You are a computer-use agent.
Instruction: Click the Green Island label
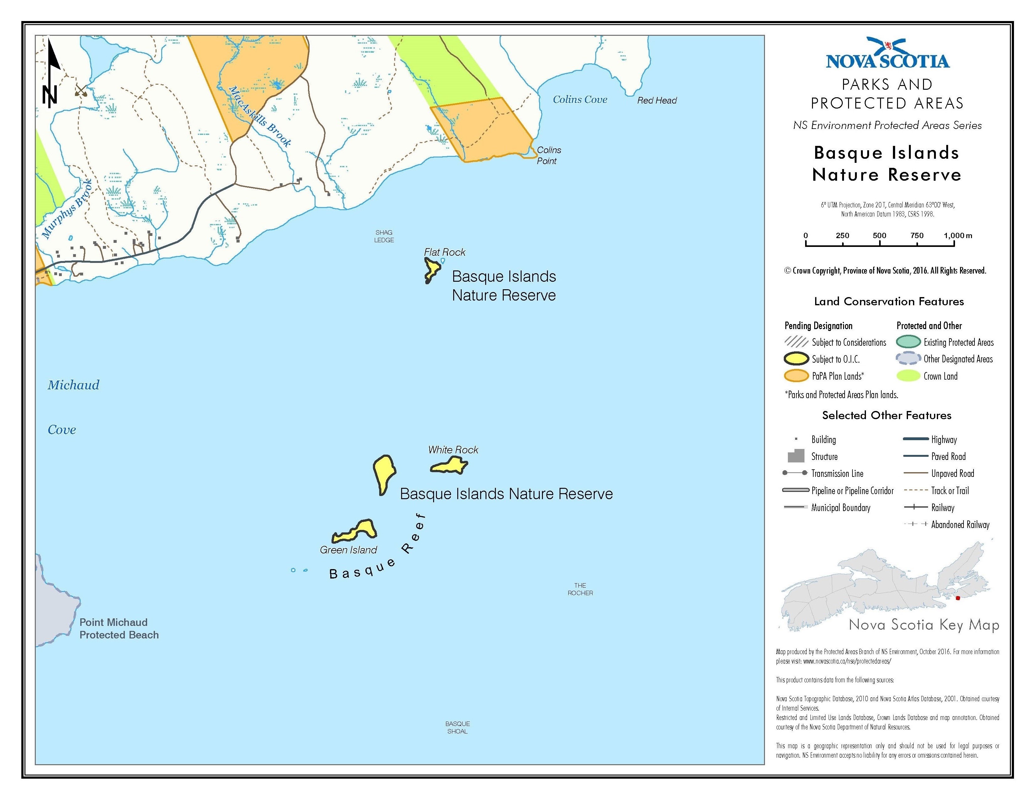[348, 550]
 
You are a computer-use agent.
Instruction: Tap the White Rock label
[453, 450]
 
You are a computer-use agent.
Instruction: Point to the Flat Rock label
[444, 252]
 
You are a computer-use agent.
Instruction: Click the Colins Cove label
[580, 99]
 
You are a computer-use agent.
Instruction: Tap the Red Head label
[657, 100]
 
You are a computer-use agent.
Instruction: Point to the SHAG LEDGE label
[384, 236]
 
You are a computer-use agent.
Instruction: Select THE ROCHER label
[580, 589]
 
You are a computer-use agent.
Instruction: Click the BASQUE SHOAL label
[457, 728]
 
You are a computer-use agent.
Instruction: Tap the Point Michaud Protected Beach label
[119, 628]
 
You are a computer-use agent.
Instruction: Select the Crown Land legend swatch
[908, 376]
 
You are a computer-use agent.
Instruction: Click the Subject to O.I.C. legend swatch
[796, 359]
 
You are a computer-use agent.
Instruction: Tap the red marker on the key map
[957, 598]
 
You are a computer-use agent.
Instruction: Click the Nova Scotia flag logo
[888, 47]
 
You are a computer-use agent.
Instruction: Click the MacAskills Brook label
[260, 116]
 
